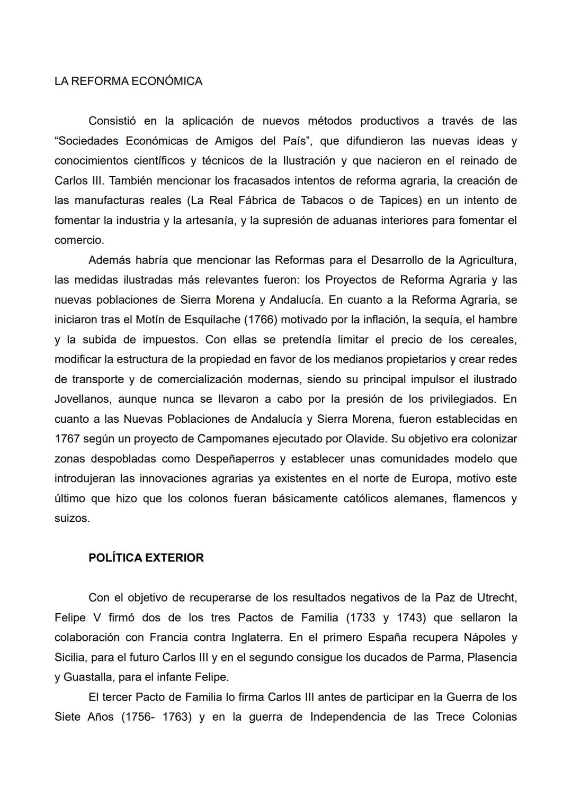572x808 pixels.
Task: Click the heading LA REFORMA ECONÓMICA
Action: tap(128, 81)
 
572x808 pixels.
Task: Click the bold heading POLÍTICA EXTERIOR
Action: tap(146, 558)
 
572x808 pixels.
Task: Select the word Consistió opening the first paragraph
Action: tap(112, 121)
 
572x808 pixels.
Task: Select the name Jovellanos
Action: tap(82, 399)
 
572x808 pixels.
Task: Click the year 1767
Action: tap(67, 439)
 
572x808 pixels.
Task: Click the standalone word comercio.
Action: tap(78, 240)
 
